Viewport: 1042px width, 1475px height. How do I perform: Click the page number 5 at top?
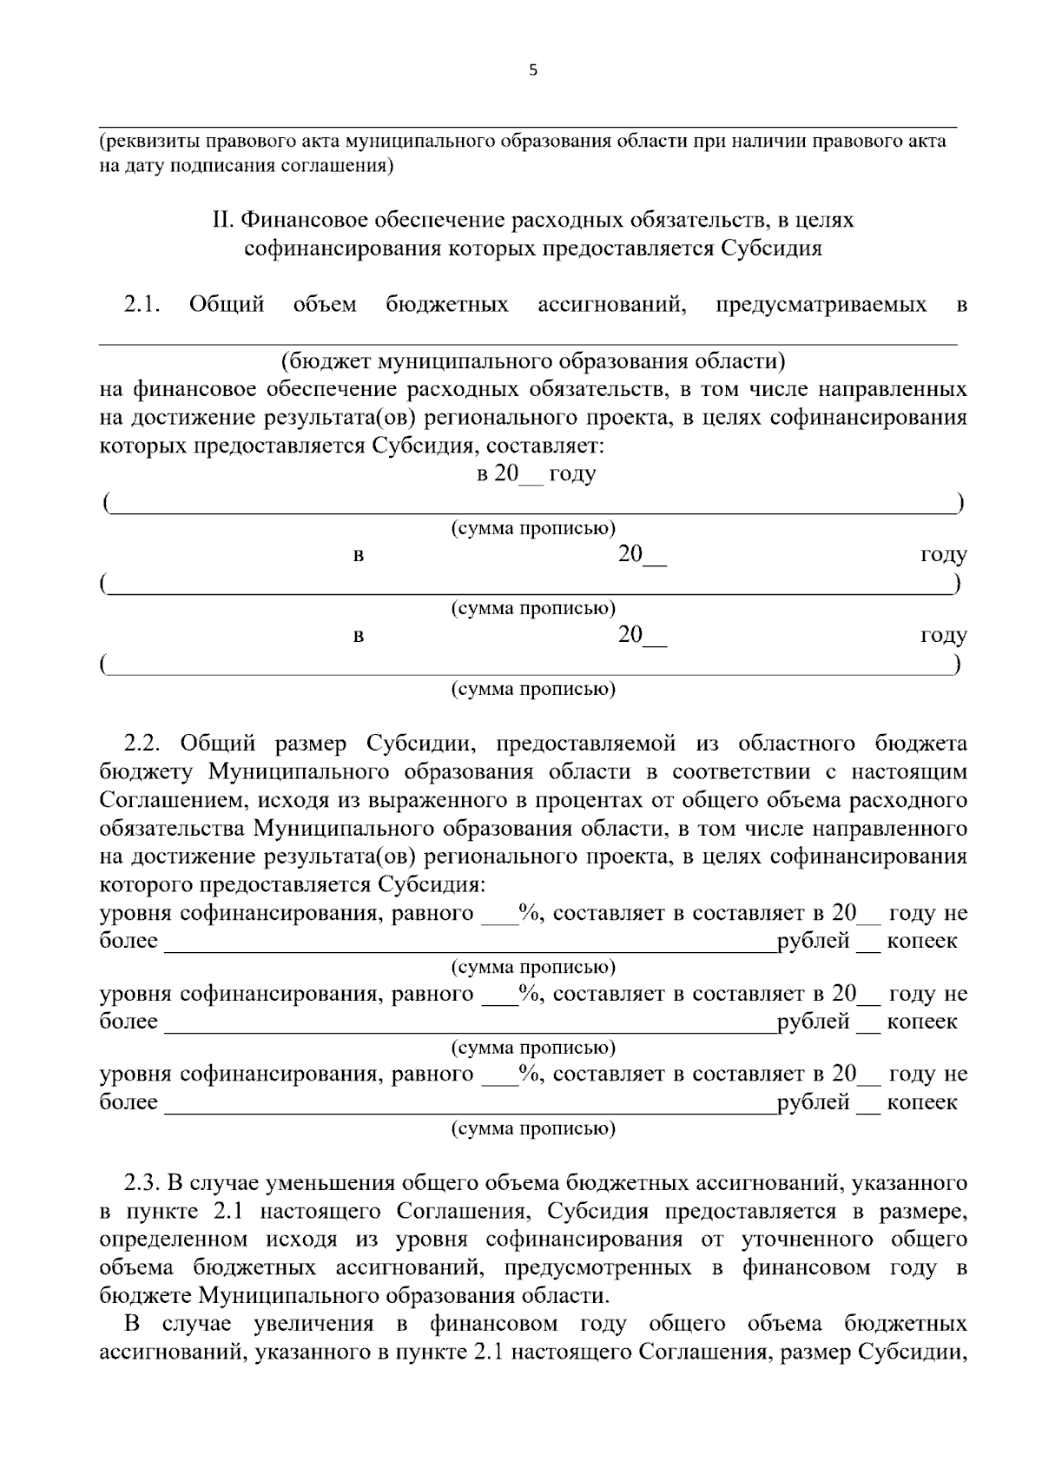pyautogui.click(x=532, y=71)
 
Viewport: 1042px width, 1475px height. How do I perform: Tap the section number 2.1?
pyautogui.click(x=142, y=305)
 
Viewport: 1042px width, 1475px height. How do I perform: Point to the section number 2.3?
pyautogui.click(x=142, y=1183)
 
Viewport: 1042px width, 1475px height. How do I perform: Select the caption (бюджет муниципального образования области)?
pyautogui.click(x=532, y=360)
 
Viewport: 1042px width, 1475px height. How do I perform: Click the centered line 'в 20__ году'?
pyautogui.click(x=536, y=474)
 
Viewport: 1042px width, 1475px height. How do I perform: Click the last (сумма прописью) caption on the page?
pyautogui.click(x=532, y=1129)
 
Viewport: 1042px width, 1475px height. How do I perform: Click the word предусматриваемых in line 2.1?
pyautogui.click(x=821, y=305)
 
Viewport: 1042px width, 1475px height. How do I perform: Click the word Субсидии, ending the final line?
pyautogui.click(x=913, y=1353)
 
